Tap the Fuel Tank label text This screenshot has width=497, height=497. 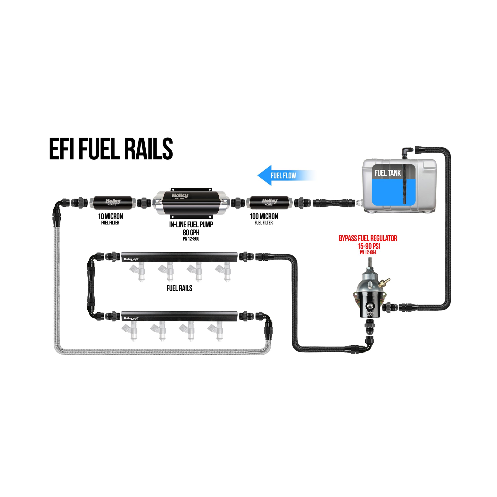point(387,173)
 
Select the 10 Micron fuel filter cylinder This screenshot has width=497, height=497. point(113,202)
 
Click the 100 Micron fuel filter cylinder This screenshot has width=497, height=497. point(269,202)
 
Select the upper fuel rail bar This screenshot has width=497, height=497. point(179,257)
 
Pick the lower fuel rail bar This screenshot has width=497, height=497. point(179,316)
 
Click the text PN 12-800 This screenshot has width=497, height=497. point(191,239)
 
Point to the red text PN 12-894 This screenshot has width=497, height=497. point(368,252)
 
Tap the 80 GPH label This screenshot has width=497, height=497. point(191,232)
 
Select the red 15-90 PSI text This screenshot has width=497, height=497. point(369,246)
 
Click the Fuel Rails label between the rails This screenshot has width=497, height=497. point(179,288)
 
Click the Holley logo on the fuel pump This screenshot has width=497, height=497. point(180,196)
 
